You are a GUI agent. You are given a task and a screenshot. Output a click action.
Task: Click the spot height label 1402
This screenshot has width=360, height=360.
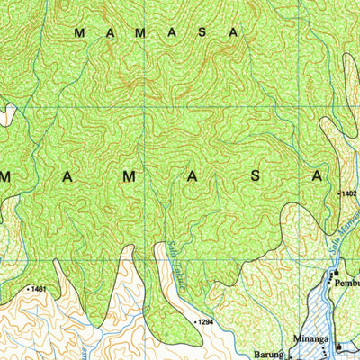pos(349,193)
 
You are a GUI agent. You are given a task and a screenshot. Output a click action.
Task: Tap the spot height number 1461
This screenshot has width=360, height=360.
pos(38,288)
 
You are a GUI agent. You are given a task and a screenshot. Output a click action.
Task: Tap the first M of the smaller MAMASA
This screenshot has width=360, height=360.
pos(79,32)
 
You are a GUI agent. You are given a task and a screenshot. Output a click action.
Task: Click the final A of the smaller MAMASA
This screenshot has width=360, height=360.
pos(236,32)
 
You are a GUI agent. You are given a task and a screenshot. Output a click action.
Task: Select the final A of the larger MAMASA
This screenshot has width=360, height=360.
pos(317,176)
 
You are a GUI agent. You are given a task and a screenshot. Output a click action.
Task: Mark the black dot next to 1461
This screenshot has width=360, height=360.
pos(26,288)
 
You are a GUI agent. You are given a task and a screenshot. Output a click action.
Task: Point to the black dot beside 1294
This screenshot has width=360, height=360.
pos(195,319)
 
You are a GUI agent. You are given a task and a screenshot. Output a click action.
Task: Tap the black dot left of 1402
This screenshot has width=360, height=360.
pos(337,193)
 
